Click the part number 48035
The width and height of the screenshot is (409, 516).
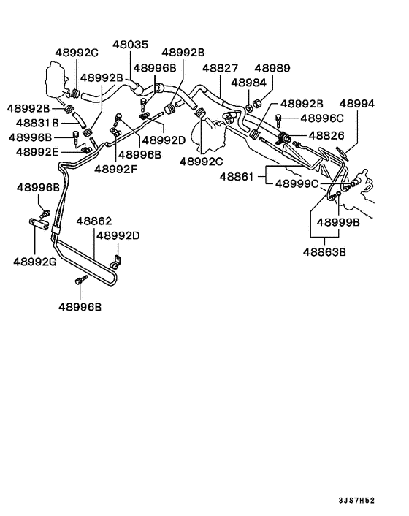(129, 45)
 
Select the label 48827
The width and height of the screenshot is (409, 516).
(220, 68)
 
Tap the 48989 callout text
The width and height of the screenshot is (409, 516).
(272, 68)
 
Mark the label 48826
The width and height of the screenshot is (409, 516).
(326, 136)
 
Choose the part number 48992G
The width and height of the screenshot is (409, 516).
(34, 261)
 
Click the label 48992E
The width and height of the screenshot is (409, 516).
(34, 152)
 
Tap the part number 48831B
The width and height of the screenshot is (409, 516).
(34, 124)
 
